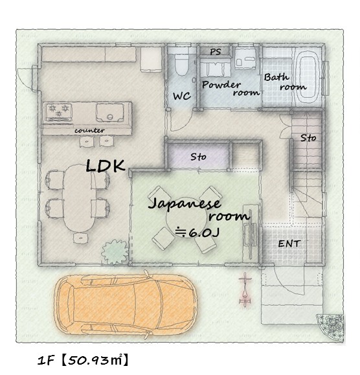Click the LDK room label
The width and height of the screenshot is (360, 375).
click(x=105, y=166)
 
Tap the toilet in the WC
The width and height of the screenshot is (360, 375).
click(x=181, y=65)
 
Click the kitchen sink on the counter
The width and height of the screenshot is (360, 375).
click(x=110, y=113)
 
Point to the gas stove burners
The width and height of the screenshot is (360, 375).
click(x=59, y=111)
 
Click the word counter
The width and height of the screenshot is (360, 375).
click(x=89, y=131)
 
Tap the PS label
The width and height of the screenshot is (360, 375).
click(x=216, y=52)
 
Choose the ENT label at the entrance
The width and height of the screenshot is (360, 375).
click(x=289, y=244)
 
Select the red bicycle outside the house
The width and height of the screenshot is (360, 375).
click(x=245, y=290)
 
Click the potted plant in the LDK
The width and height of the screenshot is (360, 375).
click(x=115, y=252)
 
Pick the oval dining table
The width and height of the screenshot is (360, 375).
click(x=79, y=198)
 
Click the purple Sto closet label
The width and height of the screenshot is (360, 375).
click(x=198, y=157)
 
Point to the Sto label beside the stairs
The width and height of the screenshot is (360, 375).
click(x=308, y=138)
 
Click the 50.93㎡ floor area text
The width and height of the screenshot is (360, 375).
click(x=95, y=360)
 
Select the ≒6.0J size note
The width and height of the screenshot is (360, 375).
click(x=197, y=233)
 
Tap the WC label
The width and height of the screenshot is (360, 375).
click(x=182, y=96)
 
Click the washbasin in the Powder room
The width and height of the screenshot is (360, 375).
click(x=245, y=59)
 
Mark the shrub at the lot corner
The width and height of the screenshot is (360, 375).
click(x=331, y=326)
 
